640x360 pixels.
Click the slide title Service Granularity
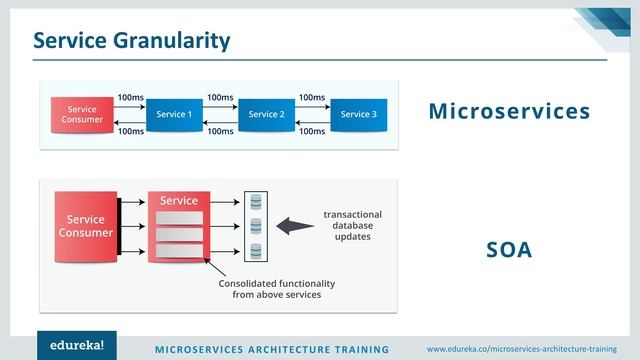(x=132, y=40)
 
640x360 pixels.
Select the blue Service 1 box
(x=174, y=114)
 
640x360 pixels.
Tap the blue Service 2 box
(x=267, y=114)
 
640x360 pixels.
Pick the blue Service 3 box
(x=358, y=114)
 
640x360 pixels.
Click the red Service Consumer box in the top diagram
(x=82, y=114)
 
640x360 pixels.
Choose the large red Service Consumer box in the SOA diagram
(x=85, y=226)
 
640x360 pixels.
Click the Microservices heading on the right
(x=509, y=111)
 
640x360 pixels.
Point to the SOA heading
(x=509, y=250)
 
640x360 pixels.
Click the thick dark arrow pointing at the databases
(x=295, y=226)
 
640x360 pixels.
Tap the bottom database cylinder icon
(x=256, y=250)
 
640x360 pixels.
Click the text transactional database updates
(x=352, y=226)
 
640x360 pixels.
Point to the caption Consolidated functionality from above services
(x=277, y=290)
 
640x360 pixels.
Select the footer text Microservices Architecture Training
(x=271, y=349)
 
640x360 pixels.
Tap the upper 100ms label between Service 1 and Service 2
(x=220, y=97)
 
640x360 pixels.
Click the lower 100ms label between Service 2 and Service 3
(x=312, y=131)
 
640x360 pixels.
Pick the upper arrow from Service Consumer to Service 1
(x=128, y=106)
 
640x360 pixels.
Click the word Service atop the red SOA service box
(x=179, y=201)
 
